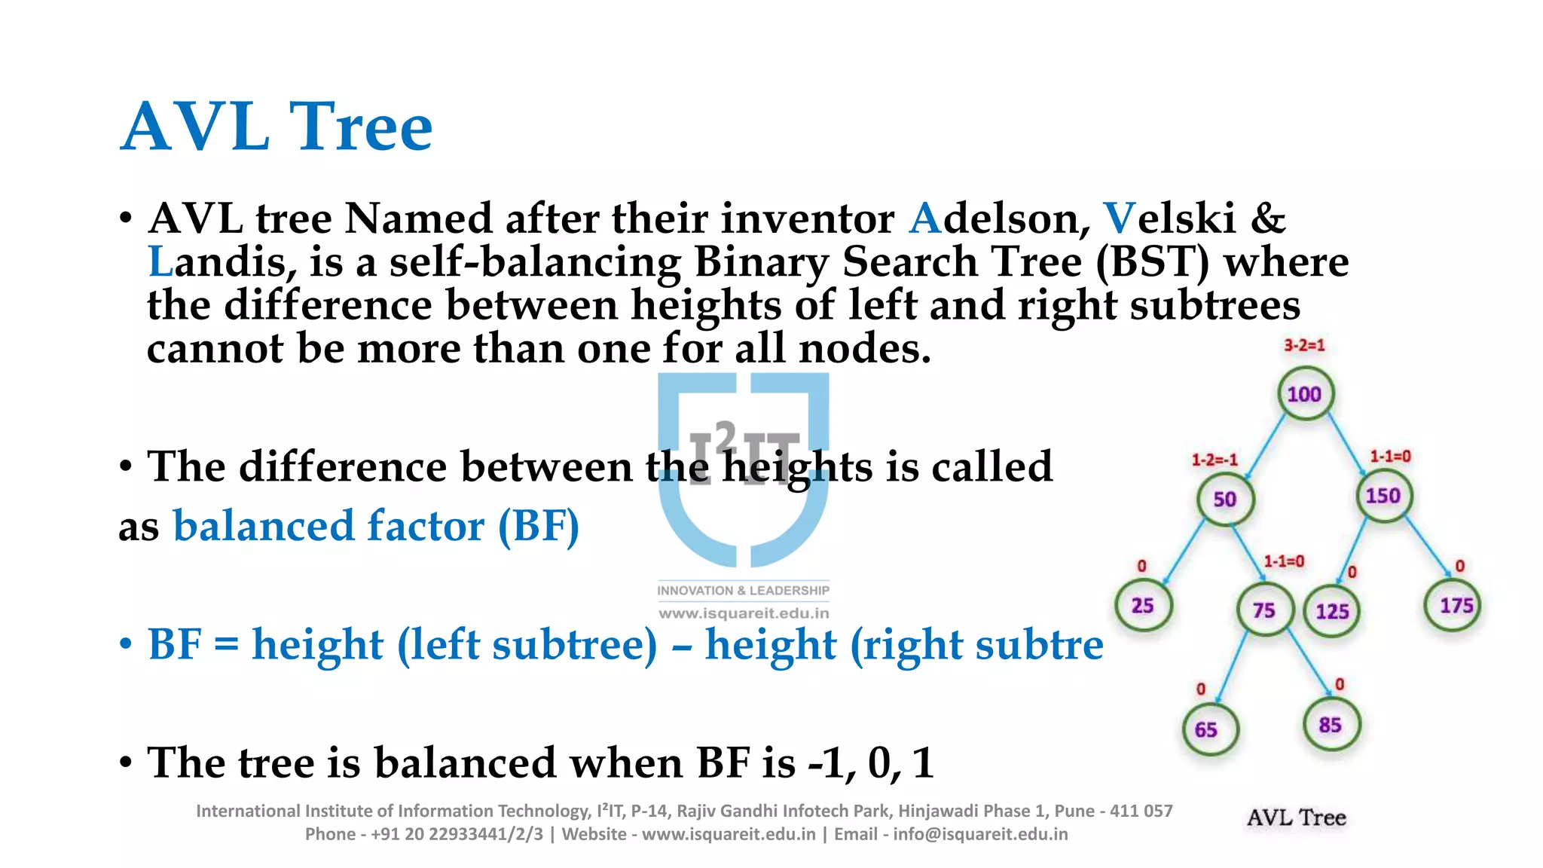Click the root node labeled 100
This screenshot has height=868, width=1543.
pyautogui.click(x=1305, y=394)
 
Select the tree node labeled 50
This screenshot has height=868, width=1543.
pyautogui.click(x=1225, y=500)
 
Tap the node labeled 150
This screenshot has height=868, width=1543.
pyautogui.click(x=1383, y=496)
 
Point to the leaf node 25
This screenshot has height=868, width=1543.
pyautogui.click(x=1143, y=606)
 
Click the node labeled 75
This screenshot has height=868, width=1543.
pyautogui.click(x=1264, y=610)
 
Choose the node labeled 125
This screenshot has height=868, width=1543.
pyautogui.click(x=1332, y=611)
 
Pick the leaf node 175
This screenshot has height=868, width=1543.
pyautogui.click(x=1456, y=606)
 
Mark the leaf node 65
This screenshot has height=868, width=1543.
pyautogui.click(x=1207, y=729)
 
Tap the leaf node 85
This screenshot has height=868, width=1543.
pyautogui.click(x=1331, y=725)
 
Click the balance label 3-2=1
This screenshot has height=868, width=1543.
pyautogui.click(x=1304, y=346)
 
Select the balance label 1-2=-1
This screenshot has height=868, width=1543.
pyautogui.click(x=1214, y=460)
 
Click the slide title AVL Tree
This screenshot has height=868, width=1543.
pyautogui.click(x=277, y=127)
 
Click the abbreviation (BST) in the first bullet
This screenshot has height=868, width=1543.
pyautogui.click(x=1152, y=263)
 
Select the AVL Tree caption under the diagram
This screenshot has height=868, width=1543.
pyautogui.click(x=1296, y=818)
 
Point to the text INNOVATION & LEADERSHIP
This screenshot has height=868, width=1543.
pyautogui.click(x=743, y=591)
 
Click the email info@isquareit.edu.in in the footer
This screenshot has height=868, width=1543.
pyautogui.click(x=980, y=834)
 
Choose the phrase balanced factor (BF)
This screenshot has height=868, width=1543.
pyautogui.click(x=376, y=526)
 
